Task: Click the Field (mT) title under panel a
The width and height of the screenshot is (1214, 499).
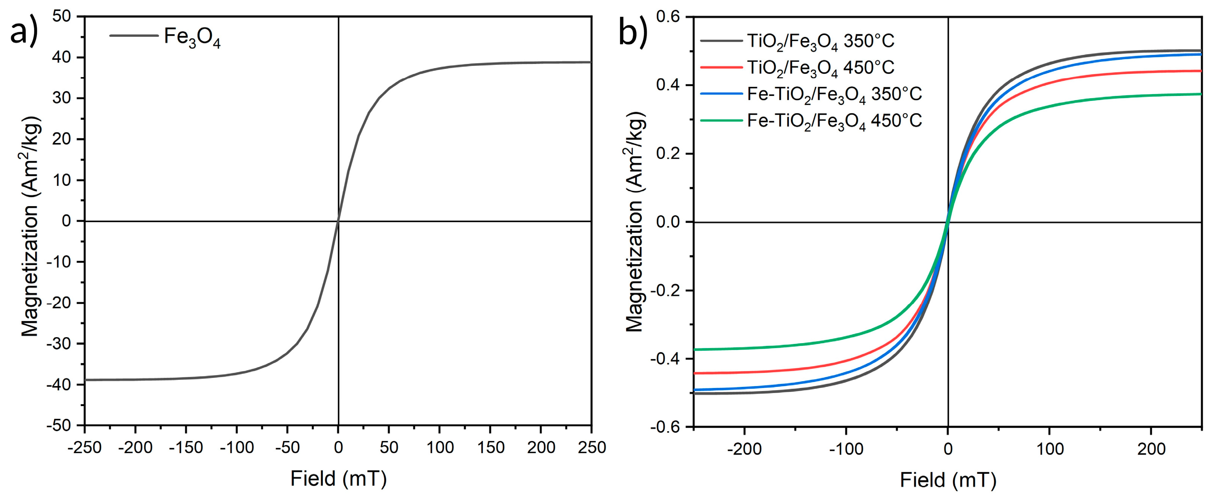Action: click(339, 479)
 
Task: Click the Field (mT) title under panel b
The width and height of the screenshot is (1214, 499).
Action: click(948, 481)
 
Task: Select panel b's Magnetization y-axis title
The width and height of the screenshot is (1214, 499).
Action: click(635, 221)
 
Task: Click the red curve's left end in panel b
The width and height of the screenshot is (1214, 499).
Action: click(695, 373)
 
